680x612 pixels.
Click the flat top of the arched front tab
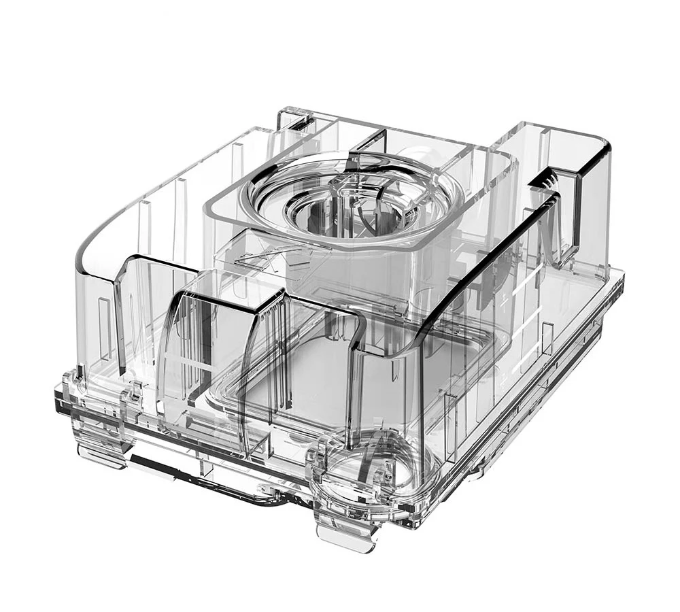click(x=224, y=290)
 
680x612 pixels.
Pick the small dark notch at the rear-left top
click(x=299, y=122)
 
